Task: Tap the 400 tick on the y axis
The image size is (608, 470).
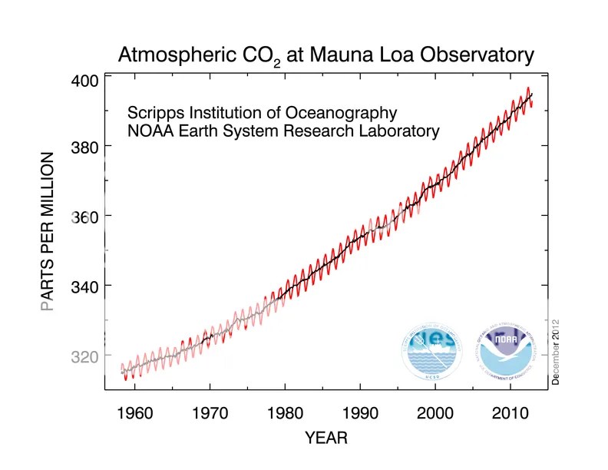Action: pos(85,80)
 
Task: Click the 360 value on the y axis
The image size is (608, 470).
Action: pos(85,216)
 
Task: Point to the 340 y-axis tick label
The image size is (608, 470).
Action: pos(85,286)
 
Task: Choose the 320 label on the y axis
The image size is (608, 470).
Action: pos(85,356)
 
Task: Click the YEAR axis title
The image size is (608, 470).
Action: pos(326,439)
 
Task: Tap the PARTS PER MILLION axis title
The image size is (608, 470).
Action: pos(48,230)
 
